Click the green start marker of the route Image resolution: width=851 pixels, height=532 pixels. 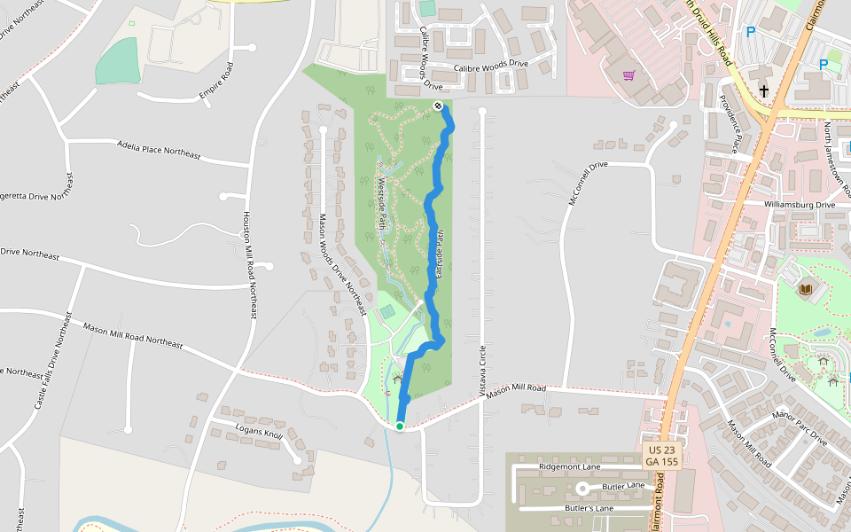[x=400, y=426]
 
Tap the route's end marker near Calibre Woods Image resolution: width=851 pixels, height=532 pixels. [x=438, y=106]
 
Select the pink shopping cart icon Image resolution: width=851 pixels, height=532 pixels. [x=628, y=75]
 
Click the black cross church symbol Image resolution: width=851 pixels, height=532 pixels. [x=764, y=90]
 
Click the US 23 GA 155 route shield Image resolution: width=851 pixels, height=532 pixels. [x=662, y=456]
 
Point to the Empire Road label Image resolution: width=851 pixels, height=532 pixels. [x=215, y=83]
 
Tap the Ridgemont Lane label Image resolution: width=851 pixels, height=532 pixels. [x=569, y=466]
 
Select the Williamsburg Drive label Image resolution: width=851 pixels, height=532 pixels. [x=800, y=205]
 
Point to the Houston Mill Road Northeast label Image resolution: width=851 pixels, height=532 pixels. [x=250, y=266]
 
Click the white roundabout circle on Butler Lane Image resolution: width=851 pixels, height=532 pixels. [x=583, y=488]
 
